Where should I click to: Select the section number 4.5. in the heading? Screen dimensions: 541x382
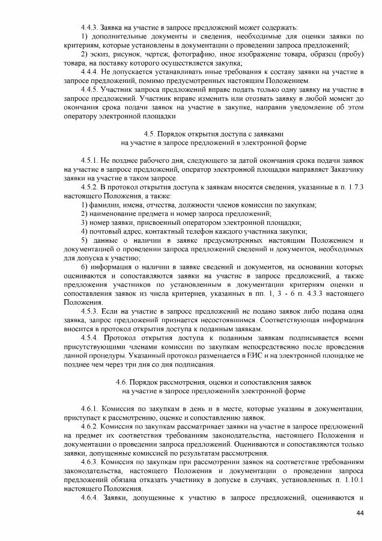click(x=151, y=133)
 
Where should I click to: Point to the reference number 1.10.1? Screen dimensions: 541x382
click(x=350, y=479)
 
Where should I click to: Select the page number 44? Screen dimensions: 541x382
click(x=360, y=513)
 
